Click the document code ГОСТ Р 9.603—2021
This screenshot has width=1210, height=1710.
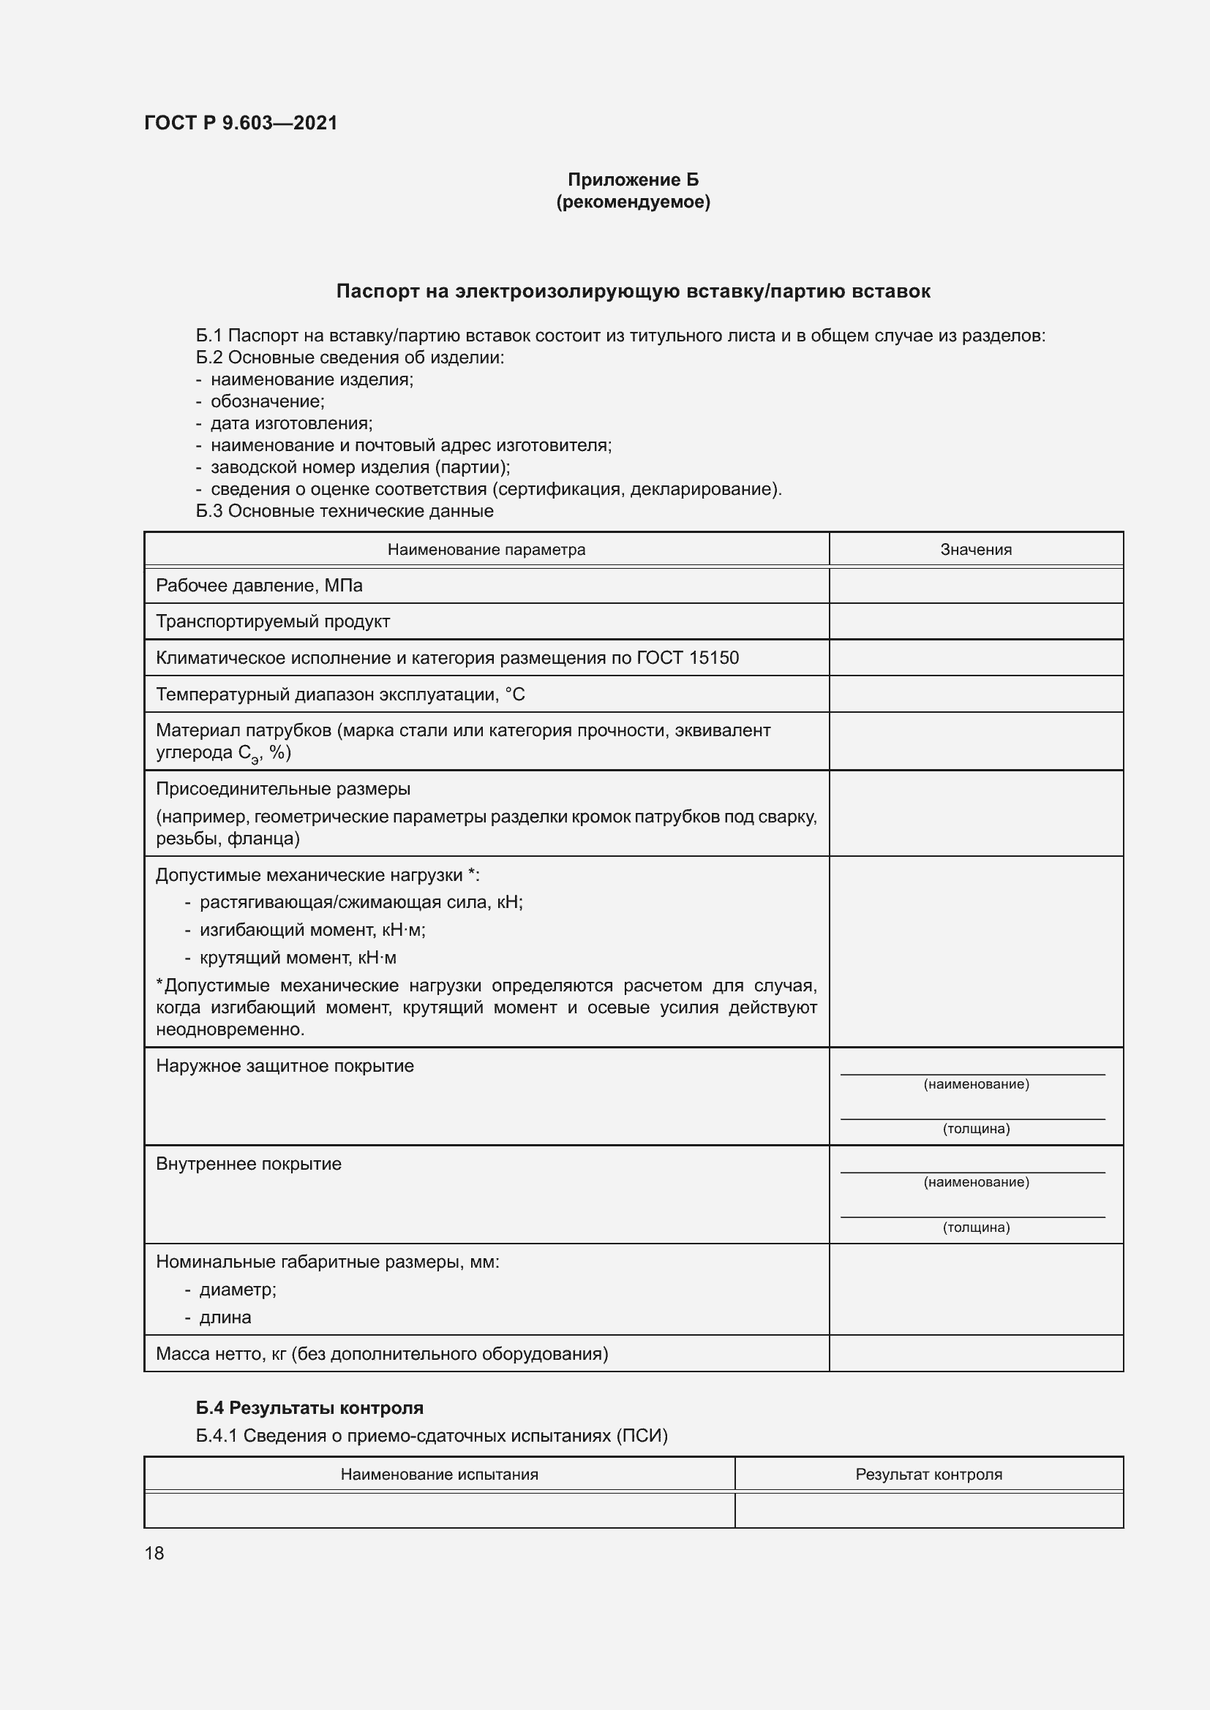pyautogui.click(x=241, y=123)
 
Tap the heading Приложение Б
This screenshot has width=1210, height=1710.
pyautogui.click(x=633, y=180)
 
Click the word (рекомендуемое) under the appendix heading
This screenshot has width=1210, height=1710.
pyautogui.click(x=633, y=202)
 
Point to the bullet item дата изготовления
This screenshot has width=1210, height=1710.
pyautogui.click(x=291, y=423)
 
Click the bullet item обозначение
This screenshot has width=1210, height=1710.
pyautogui.click(x=268, y=401)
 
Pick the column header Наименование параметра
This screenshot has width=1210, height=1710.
pyautogui.click(x=486, y=550)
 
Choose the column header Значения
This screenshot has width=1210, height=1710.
pyautogui.click(x=975, y=550)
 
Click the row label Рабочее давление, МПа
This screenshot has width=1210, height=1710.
pyautogui.click(x=258, y=586)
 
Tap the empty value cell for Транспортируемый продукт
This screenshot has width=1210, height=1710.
pyautogui.click(x=975, y=621)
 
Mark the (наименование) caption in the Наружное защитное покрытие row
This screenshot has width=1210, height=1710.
pyautogui.click(x=975, y=1084)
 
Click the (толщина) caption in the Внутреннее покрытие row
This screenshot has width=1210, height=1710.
pyautogui.click(x=975, y=1227)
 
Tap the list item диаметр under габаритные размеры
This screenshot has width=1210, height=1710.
pyautogui.click(x=238, y=1290)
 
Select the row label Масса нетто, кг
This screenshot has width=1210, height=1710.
pyautogui.click(x=381, y=1354)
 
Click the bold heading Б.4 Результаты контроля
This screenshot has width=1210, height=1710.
pyautogui.click(x=309, y=1407)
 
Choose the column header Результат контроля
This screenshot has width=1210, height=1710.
pyautogui.click(x=928, y=1475)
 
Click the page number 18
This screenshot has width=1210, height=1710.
pyautogui.click(x=154, y=1553)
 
